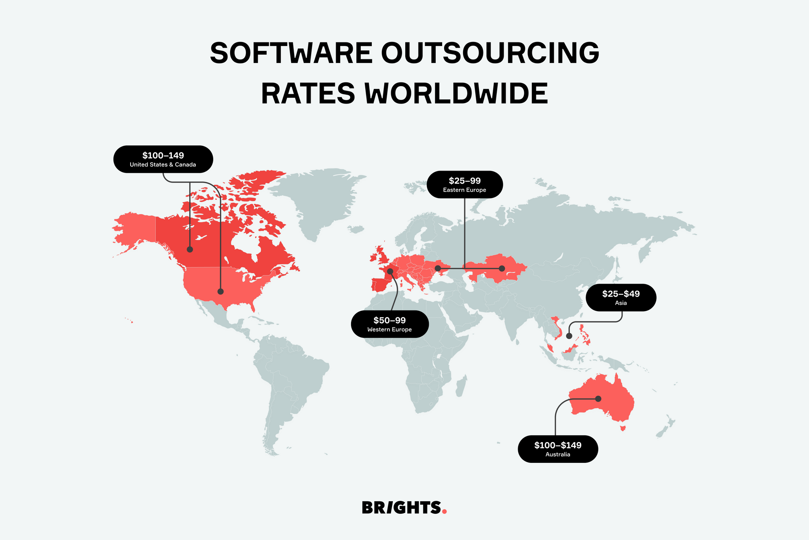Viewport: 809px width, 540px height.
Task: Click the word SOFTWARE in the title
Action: coord(291,53)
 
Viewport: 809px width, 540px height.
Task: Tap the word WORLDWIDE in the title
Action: coord(456,94)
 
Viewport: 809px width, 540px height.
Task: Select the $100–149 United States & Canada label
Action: coord(163,159)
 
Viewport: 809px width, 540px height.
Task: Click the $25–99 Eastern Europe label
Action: coord(464,185)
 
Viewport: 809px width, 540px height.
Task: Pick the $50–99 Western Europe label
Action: coord(390,324)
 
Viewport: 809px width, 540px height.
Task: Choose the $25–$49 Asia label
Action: coord(621,297)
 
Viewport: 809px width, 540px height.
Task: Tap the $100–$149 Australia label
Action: coord(558,449)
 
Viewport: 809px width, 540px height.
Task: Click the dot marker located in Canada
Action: coord(190,249)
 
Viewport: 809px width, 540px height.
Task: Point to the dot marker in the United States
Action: coord(220,291)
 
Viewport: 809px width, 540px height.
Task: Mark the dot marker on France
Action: coord(390,271)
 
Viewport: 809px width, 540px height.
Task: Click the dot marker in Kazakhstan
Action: coord(502,268)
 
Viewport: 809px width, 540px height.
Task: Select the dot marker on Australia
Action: coord(598,399)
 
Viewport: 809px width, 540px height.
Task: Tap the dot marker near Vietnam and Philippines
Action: coord(569,336)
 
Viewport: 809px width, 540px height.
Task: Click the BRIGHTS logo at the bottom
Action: coord(401,508)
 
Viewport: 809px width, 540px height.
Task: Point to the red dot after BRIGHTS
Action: coord(445,512)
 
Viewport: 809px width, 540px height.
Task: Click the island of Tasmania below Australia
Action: coord(623,428)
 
